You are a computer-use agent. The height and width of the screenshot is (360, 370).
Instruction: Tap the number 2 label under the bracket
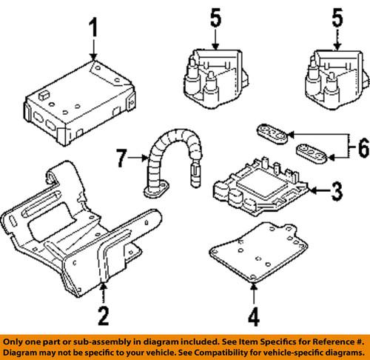(104, 317)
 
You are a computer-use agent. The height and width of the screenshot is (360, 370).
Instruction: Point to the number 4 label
(254, 318)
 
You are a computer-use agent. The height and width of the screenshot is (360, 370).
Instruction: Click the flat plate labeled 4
(255, 248)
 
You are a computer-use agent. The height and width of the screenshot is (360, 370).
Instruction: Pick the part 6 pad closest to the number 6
(312, 154)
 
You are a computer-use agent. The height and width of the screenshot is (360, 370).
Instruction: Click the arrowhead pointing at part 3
(312, 192)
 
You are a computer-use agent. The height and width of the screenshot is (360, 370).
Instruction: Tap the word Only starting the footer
(16, 341)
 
